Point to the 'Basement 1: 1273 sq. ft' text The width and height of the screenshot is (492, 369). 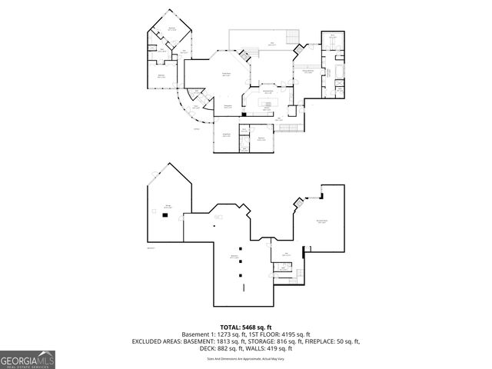click(213, 334)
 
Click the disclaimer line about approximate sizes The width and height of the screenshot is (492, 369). click(245, 358)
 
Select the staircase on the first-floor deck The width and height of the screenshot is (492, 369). click(291, 39)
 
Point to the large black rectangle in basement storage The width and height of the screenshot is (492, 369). click(164, 216)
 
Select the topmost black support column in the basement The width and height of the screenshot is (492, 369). click(241, 248)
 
